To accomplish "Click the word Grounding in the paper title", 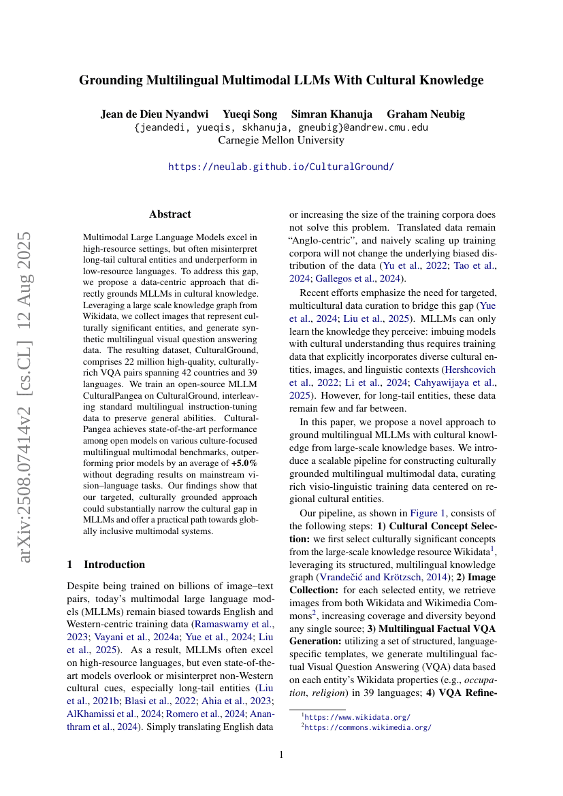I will (x=112, y=81).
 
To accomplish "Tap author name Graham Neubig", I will (x=425, y=114).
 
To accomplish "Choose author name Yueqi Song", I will (x=255, y=114).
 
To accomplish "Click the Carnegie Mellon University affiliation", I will (x=280, y=140).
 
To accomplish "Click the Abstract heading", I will (x=170, y=214).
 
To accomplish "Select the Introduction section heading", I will (x=114, y=564).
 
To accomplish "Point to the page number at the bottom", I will (x=281, y=754).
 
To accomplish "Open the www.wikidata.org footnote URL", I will (x=357, y=716).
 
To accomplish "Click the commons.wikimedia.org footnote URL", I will (x=368, y=727).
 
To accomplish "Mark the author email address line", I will (x=280, y=127).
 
